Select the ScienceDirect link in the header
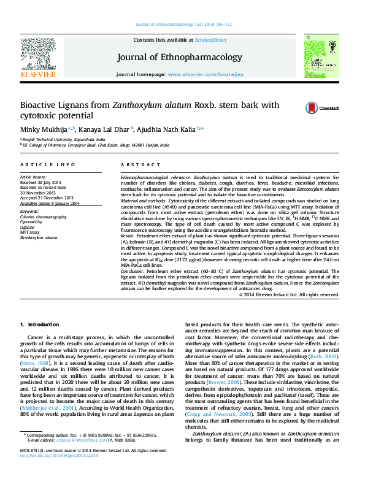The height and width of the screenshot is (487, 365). (x=210, y=39)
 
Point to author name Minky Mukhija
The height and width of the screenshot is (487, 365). (x=44, y=129)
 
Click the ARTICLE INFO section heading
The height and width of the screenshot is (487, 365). (x=48, y=165)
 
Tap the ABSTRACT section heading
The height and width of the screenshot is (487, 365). (x=136, y=165)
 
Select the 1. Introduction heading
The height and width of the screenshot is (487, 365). (x=39, y=324)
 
